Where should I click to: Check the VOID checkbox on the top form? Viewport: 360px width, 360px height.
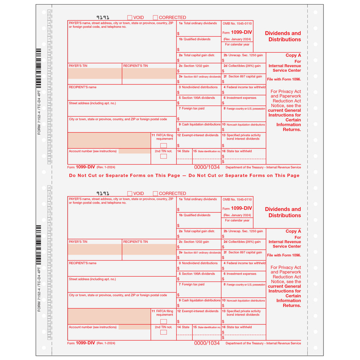tap(130, 18)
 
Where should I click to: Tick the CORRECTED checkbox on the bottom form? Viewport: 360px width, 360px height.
tap(155, 193)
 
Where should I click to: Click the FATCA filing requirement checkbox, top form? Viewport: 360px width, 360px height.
tap(163, 146)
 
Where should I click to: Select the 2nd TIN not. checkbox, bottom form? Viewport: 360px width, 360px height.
tap(163, 332)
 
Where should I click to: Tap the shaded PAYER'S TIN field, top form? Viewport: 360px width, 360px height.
tap(95, 73)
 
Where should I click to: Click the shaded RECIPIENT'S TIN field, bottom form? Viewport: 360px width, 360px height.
tap(149, 249)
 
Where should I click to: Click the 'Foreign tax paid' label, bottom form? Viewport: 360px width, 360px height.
tap(193, 284)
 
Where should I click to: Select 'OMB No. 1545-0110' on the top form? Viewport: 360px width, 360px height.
tap(237, 24)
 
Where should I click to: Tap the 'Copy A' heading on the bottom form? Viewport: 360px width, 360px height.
tap(293, 231)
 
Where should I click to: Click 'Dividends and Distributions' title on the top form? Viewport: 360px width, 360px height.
tap(283, 37)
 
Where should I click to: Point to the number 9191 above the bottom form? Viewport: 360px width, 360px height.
tap(103, 193)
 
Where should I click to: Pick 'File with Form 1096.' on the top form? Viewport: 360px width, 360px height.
tap(284, 79)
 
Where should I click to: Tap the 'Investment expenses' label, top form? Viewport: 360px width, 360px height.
tap(241, 98)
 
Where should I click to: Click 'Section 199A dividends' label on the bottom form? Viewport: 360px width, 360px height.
tap(198, 274)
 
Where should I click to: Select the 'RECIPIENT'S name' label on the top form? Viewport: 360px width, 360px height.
tap(83, 87)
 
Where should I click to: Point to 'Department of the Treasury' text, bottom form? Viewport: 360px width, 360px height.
tap(245, 343)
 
